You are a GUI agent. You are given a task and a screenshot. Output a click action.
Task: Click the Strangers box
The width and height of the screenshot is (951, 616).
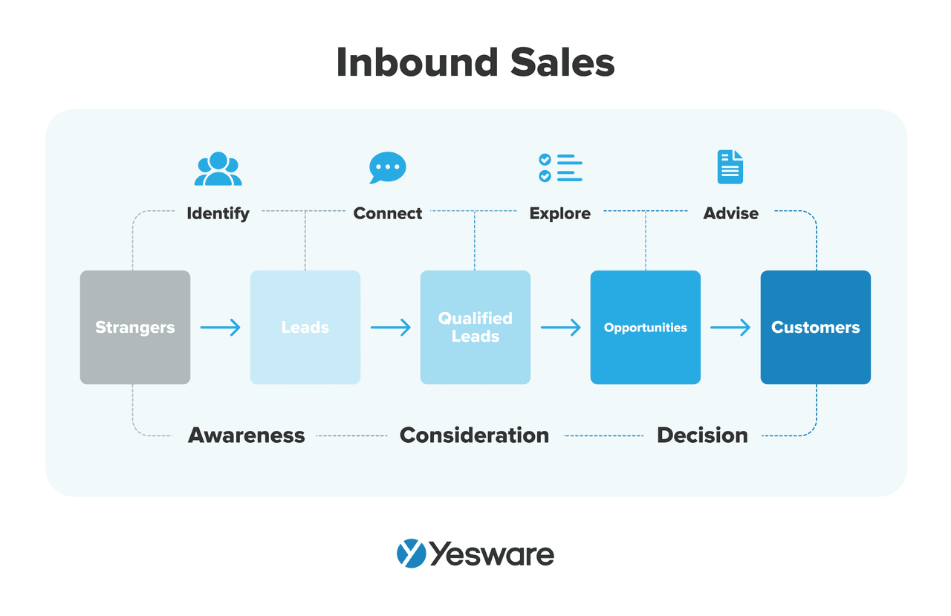(135, 327)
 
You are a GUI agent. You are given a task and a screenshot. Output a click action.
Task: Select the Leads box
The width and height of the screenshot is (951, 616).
(305, 327)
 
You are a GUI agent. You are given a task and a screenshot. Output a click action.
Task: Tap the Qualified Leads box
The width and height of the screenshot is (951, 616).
(475, 327)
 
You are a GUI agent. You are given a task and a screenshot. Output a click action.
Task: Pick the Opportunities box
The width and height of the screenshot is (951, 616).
(645, 327)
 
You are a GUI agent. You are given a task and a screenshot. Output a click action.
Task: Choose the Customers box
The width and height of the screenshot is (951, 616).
(815, 327)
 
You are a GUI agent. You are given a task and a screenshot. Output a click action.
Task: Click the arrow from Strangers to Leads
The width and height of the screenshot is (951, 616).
(221, 327)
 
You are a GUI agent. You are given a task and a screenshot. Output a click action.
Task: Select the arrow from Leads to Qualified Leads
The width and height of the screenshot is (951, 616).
(391, 327)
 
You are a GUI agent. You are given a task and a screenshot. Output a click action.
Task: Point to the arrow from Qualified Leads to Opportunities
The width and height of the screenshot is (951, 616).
(561, 327)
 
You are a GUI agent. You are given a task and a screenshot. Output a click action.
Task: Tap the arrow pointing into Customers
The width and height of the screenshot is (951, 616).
(730, 327)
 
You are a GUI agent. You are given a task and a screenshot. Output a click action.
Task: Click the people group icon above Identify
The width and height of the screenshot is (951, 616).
(218, 169)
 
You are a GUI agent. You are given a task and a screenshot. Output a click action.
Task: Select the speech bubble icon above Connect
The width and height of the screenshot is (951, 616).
(388, 168)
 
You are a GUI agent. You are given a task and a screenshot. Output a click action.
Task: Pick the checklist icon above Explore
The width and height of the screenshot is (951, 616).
(560, 168)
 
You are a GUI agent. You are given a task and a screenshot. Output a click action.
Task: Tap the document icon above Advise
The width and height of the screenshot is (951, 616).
(730, 167)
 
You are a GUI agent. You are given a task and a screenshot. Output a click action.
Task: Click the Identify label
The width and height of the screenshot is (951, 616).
(218, 213)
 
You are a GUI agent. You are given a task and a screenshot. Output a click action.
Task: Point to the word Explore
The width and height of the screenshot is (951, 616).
(560, 213)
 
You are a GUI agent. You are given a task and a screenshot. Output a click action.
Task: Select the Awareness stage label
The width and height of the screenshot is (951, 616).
(247, 435)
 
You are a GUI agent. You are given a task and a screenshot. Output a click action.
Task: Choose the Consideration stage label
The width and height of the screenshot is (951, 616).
(474, 435)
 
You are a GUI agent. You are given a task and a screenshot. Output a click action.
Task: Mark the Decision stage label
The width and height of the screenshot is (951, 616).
(702, 435)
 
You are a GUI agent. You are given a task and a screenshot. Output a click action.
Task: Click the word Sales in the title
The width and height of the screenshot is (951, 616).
(562, 62)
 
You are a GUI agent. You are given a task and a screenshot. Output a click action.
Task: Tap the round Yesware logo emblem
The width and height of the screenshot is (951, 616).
(411, 554)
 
